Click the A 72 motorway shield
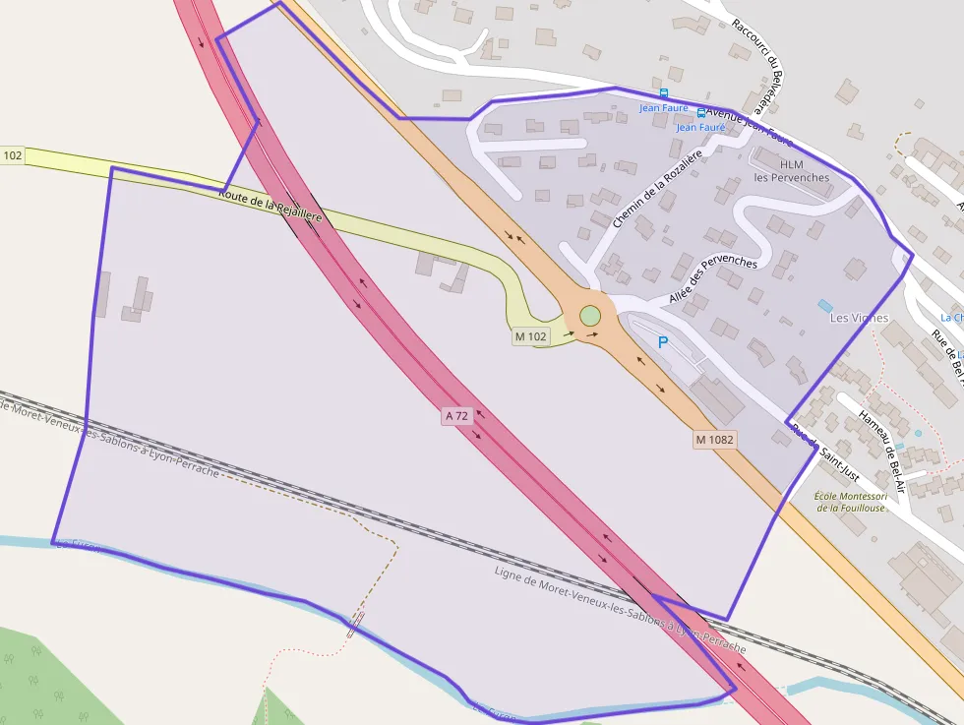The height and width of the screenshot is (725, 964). pyautogui.click(x=455, y=416)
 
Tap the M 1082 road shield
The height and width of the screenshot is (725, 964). pyautogui.click(x=715, y=440)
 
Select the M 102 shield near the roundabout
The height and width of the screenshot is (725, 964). pyautogui.click(x=530, y=336)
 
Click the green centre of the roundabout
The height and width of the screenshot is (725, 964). pyautogui.click(x=589, y=316)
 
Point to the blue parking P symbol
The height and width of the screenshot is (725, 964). pyautogui.click(x=662, y=342)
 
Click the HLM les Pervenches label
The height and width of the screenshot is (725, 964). pyautogui.click(x=791, y=171)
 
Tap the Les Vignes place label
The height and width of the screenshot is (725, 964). pyautogui.click(x=859, y=318)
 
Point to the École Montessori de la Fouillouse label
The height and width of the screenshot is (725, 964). pyautogui.click(x=850, y=502)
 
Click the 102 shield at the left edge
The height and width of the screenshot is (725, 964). pyautogui.click(x=12, y=155)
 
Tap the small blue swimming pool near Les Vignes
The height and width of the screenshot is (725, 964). pyautogui.click(x=824, y=306)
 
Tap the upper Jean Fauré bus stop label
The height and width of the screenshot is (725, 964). pyautogui.click(x=663, y=107)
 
